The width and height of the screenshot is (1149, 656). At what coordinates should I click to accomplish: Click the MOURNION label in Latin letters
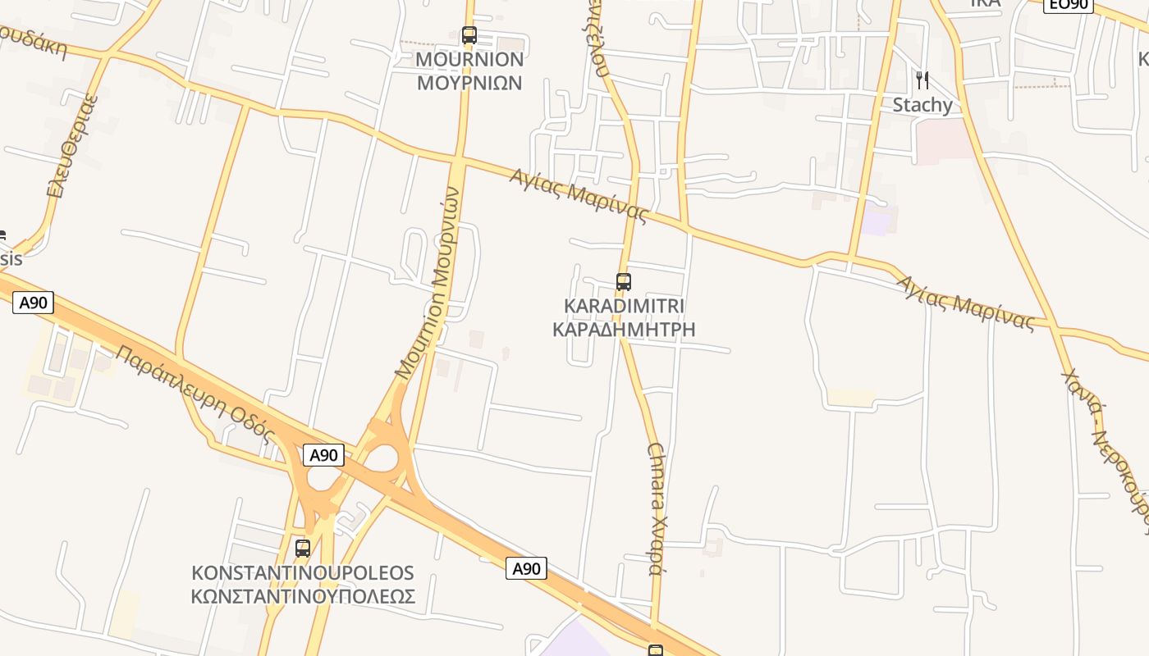469,59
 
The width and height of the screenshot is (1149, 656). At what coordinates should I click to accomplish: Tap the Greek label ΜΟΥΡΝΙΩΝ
469,83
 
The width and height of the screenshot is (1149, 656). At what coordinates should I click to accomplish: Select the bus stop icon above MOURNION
469,35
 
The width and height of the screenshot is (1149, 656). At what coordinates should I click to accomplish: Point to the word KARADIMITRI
624,306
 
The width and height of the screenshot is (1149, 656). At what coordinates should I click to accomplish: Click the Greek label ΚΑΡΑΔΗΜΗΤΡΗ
624,330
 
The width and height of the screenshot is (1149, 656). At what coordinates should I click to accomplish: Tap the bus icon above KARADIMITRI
624,282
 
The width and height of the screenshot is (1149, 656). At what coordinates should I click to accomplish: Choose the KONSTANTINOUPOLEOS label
303,572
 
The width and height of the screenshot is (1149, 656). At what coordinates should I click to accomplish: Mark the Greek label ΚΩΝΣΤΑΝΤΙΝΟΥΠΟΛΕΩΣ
303,596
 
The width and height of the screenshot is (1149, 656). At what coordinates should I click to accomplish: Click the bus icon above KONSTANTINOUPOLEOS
303,548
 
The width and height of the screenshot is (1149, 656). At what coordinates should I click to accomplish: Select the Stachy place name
922,105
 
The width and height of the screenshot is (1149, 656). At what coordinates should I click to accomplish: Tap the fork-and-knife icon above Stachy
922,80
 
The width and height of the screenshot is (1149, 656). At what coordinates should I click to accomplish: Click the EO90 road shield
1068,4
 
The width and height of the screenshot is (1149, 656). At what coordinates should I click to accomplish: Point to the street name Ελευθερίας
73,147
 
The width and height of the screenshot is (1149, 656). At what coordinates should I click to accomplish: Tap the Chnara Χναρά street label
656,508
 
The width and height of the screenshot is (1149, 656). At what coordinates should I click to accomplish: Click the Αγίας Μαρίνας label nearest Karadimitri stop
579,196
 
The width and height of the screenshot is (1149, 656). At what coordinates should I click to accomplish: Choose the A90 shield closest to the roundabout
323,455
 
